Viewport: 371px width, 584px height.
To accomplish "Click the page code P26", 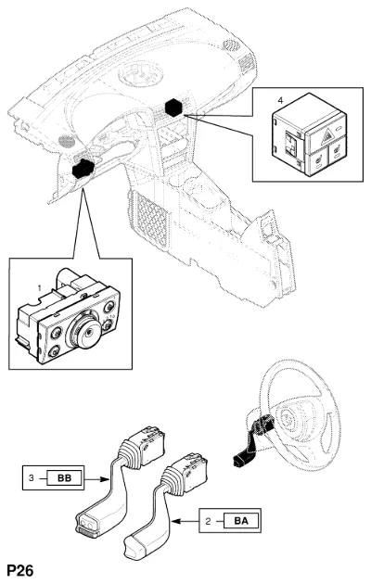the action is (x=20, y=570).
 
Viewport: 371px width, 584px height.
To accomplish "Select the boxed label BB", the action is (x=64, y=477).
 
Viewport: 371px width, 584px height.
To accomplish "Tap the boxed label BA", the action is (x=241, y=521).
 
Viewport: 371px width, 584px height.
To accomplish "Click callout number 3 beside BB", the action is (x=32, y=477).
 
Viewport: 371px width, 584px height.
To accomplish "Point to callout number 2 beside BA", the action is (x=208, y=521).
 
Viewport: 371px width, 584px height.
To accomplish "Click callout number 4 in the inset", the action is (x=280, y=100).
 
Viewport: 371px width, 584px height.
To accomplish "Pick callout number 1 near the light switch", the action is (x=39, y=288).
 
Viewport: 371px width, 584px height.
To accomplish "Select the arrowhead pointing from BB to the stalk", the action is (x=105, y=479).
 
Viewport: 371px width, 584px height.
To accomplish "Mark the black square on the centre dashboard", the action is (x=173, y=108).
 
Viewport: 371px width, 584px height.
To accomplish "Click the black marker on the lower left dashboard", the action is (x=83, y=169).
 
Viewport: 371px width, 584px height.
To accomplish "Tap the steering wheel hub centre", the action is (x=288, y=419).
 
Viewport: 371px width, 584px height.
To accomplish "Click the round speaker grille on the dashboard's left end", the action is (x=67, y=141).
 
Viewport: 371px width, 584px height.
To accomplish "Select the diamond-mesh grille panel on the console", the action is (x=148, y=220).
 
